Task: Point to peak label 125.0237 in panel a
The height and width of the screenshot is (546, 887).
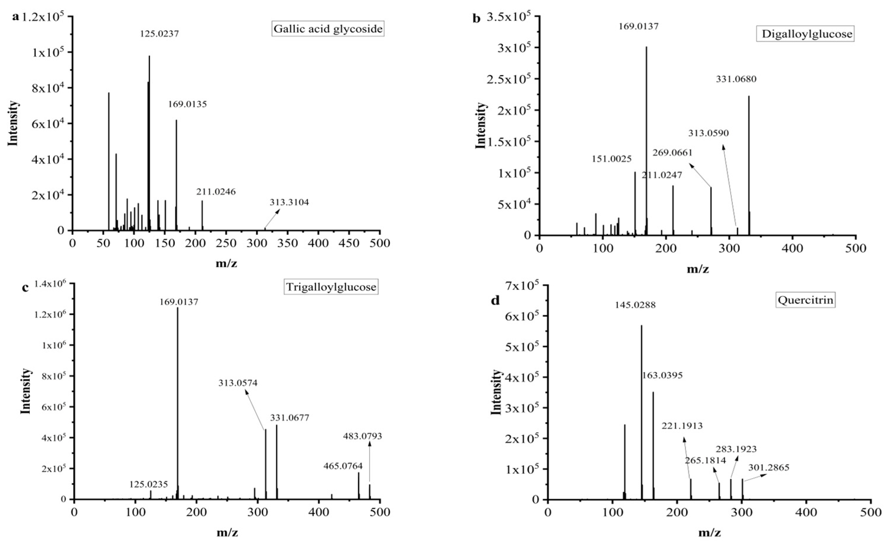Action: click(x=159, y=34)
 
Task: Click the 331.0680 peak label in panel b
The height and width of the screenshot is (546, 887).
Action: click(x=736, y=79)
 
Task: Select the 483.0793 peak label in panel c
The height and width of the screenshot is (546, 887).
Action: click(x=362, y=436)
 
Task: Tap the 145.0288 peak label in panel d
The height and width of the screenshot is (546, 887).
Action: click(x=635, y=305)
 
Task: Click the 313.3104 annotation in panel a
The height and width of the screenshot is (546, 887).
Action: click(x=289, y=202)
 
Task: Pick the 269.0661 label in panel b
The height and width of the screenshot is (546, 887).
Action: click(x=672, y=153)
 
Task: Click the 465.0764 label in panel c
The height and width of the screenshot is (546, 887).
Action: click(x=343, y=466)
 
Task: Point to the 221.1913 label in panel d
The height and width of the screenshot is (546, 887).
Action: click(x=682, y=426)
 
